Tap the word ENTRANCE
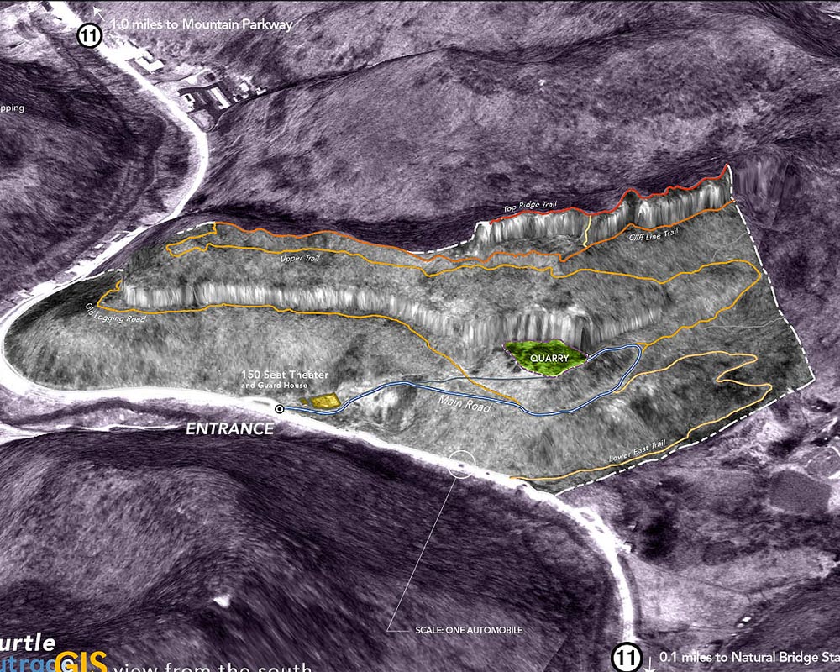pyautogui.click(x=229, y=428)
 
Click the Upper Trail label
pyautogui.click(x=301, y=260)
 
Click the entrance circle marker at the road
pyautogui.click(x=279, y=409)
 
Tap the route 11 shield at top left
pyautogui.click(x=88, y=36)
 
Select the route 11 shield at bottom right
pyautogui.click(x=625, y=657)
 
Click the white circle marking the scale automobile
pyautogui.click(x=461, y=462)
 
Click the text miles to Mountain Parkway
pyautogui.click(x=202, y=24)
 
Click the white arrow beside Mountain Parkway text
pyautogui.click(x=98, y=12)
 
